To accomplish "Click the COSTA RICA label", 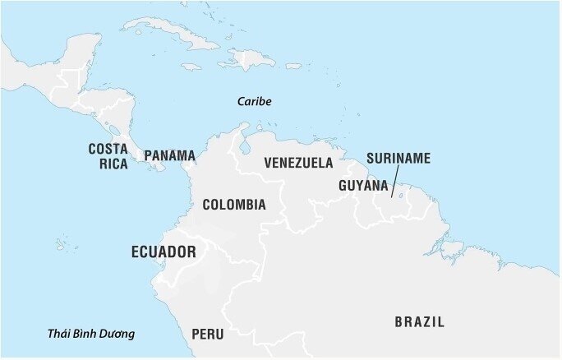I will [108, 156].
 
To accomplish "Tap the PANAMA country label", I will [169, 155].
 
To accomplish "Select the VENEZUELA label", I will [298, 163].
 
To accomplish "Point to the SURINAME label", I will [398, 159].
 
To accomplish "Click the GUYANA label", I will [362, 186].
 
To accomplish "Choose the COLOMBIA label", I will [234, 205].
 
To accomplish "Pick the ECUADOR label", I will [164, 252].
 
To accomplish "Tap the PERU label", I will [207, 334].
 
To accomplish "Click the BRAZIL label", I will [419, 322].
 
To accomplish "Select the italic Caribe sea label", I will [254, 101].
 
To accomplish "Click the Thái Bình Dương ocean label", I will [91, 334].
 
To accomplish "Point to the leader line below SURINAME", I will [395, 182].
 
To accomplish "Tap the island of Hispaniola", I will [249, 58].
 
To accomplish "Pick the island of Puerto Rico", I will [292, 65].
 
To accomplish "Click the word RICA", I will [114, 164].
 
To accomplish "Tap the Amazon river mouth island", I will [453, 247].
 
